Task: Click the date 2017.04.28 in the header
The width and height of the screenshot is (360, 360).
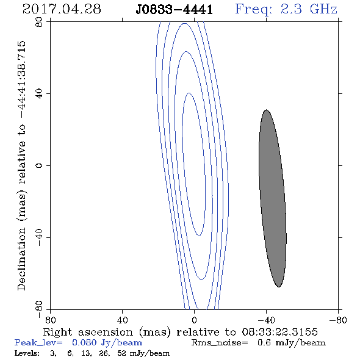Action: (62, 9)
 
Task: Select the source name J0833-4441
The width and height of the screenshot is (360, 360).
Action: (174, 10)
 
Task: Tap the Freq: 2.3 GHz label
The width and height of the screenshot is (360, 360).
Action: (286, 9)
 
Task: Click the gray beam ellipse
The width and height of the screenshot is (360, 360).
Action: (273, 198)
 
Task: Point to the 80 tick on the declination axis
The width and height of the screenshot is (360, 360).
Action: (39, 22)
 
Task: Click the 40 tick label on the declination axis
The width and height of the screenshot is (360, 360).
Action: (39, 94)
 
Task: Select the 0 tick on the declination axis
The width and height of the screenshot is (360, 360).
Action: (39, 165)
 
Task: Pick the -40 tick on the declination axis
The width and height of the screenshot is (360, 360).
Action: (39, 237)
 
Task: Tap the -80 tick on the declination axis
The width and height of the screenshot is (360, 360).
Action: (39, 309)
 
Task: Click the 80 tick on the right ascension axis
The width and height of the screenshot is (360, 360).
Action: (51, 320)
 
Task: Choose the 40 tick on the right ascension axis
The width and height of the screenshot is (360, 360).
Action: (123, 320)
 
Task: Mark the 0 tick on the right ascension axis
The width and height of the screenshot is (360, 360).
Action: (194, 320)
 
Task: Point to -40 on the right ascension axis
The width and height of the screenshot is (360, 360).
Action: (266, 320)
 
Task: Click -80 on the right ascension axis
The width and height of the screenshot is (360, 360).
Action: (338, 320)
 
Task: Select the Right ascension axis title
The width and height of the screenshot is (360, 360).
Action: (181, 332)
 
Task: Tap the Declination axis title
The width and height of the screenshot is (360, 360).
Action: (21, 165)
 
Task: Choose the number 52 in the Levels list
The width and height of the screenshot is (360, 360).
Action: (121, 353)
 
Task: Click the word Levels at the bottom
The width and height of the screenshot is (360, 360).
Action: (27, 353)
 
